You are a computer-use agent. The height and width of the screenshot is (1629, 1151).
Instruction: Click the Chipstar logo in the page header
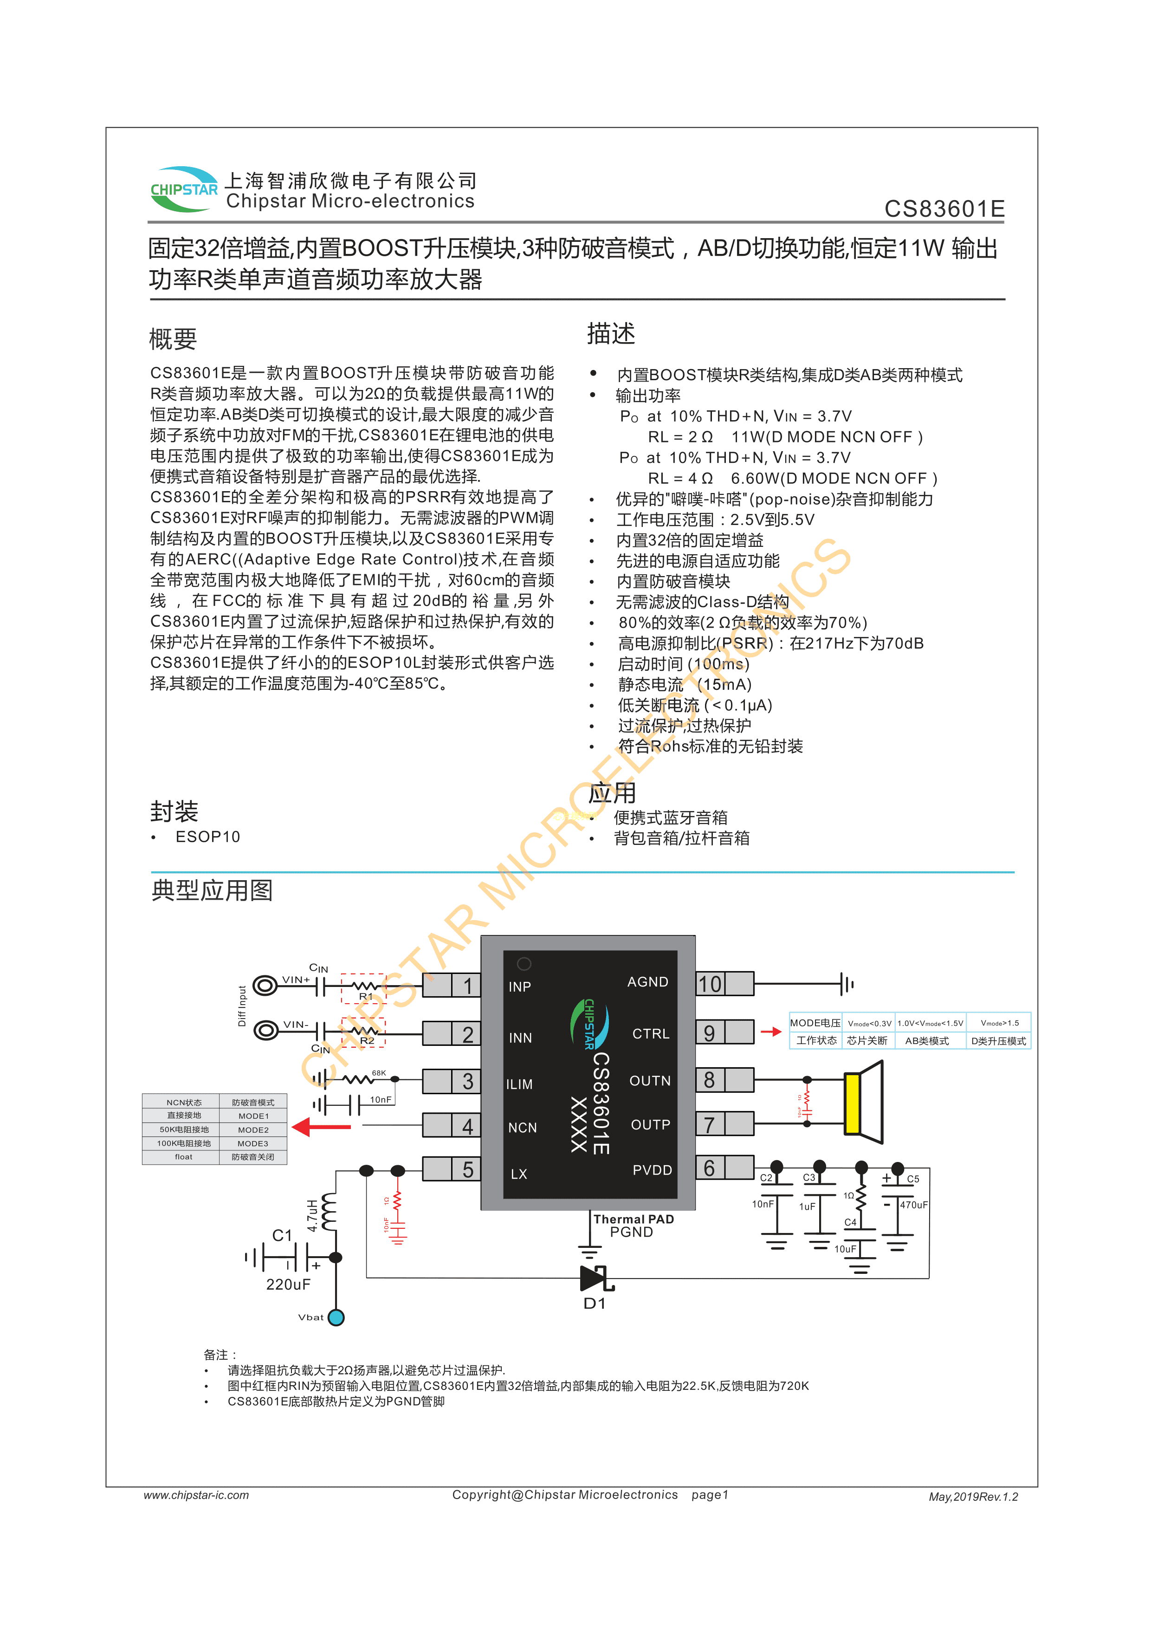(x=184, y=189)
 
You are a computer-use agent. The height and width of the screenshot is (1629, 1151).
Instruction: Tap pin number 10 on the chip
(x=710, y=984)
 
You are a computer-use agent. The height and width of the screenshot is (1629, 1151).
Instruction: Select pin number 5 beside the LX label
(x=467, y=1169)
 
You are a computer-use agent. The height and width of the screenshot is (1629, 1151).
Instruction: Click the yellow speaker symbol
(x=853, y=1103)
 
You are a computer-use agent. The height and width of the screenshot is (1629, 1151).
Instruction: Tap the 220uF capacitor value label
(x=288, y=1284)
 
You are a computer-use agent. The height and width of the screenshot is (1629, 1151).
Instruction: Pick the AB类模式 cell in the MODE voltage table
(x=927, y=1041)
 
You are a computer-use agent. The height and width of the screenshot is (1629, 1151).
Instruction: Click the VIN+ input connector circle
(x=265, y=986)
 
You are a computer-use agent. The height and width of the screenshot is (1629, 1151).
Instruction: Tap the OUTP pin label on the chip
(x=650, y=1124)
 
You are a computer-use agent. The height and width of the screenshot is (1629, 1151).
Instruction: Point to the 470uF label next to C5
(x=913, y=1205)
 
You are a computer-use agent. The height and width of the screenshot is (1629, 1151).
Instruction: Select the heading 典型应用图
(x=212, y=890)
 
